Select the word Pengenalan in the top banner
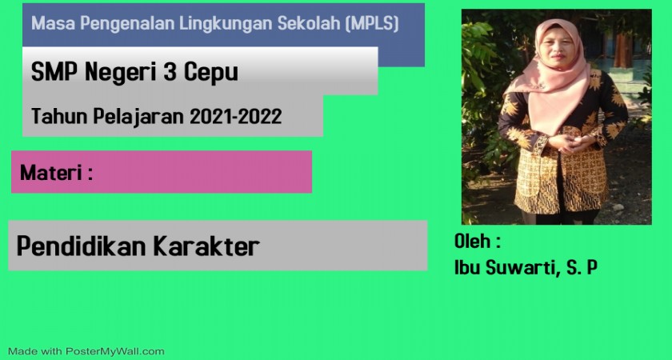127,24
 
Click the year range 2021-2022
236,116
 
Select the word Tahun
59,116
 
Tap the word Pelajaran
139,117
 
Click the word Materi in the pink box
50,173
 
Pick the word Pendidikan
82,246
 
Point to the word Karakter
206,246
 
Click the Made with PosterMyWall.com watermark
86,351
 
